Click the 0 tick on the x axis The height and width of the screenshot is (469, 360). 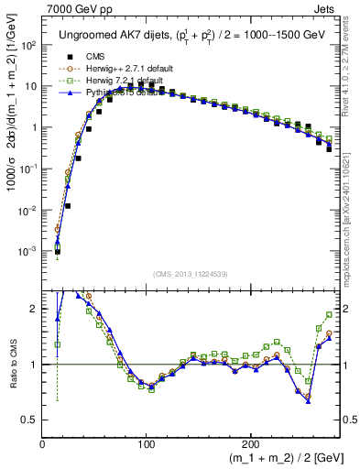43,444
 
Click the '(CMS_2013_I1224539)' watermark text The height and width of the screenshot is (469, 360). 189,273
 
